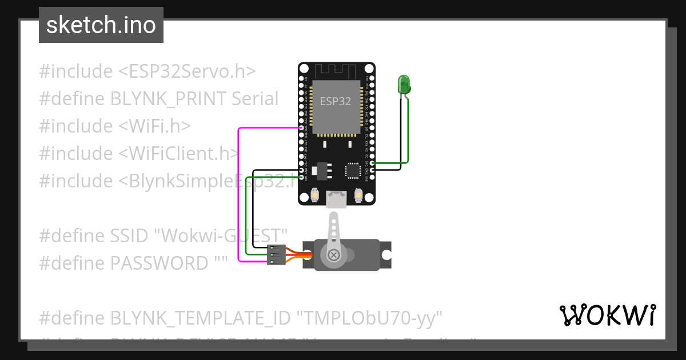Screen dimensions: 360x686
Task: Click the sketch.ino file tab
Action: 101,25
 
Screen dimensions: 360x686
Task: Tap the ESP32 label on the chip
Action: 336,102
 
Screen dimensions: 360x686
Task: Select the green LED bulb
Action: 404,85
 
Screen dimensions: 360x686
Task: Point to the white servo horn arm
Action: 334,234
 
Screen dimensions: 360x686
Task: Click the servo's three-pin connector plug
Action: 276,255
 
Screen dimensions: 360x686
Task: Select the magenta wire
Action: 238,194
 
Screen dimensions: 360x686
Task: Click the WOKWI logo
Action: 607,315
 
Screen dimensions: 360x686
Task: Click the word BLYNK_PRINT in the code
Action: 169,99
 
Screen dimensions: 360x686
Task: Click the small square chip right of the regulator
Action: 353,170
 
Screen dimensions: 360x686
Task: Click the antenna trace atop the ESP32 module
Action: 336,70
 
